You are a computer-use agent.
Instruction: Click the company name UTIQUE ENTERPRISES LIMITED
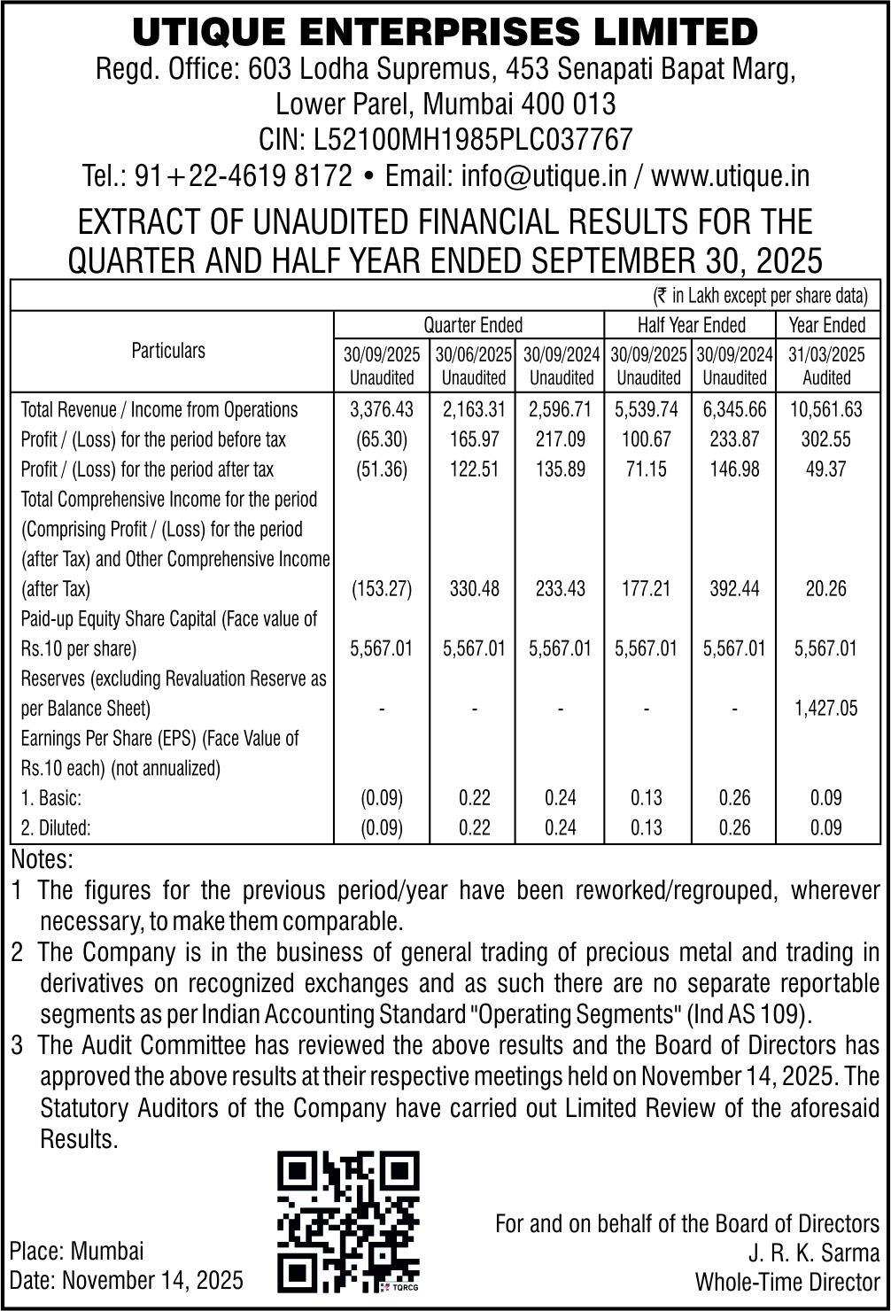445,33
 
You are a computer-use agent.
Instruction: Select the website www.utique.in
731,175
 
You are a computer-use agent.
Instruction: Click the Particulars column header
168,351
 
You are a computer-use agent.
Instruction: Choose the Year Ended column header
826,325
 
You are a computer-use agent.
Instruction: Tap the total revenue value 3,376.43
382,410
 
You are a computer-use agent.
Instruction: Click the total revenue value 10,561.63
825,410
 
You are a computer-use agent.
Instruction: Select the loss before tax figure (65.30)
382,439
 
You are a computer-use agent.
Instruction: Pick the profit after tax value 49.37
825,469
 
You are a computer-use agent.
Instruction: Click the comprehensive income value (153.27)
382,589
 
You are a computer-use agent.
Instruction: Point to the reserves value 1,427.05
825,709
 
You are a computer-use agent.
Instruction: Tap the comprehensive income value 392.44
734,589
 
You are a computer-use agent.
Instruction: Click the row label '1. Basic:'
51,798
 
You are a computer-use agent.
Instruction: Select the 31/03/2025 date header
825,355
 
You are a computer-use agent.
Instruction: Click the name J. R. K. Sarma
814,1253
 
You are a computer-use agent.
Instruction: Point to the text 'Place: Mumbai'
76,1252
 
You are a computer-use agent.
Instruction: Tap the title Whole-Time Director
787,1282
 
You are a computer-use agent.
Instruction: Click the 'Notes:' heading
43,859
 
